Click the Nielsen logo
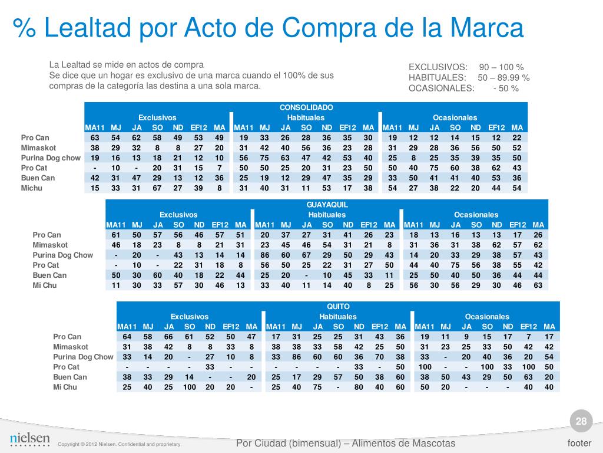pos(30,439)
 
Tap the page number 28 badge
pos(581,421)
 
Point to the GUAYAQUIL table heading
pos(327,204)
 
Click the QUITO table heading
pos(338,306)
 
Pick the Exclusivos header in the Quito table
pos(190,317)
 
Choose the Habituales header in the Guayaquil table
pos(327,215)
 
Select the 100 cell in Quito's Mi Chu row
pos(190,388)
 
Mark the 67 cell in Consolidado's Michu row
pos(157,188)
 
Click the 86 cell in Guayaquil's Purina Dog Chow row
pos(264,255)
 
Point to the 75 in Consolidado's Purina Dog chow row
pos(264,158)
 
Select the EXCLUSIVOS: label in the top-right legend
pos(438,67)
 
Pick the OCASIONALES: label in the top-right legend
pos(441,88)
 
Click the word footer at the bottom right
pos(579,443)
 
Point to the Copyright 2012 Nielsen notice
pos(120,444)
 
